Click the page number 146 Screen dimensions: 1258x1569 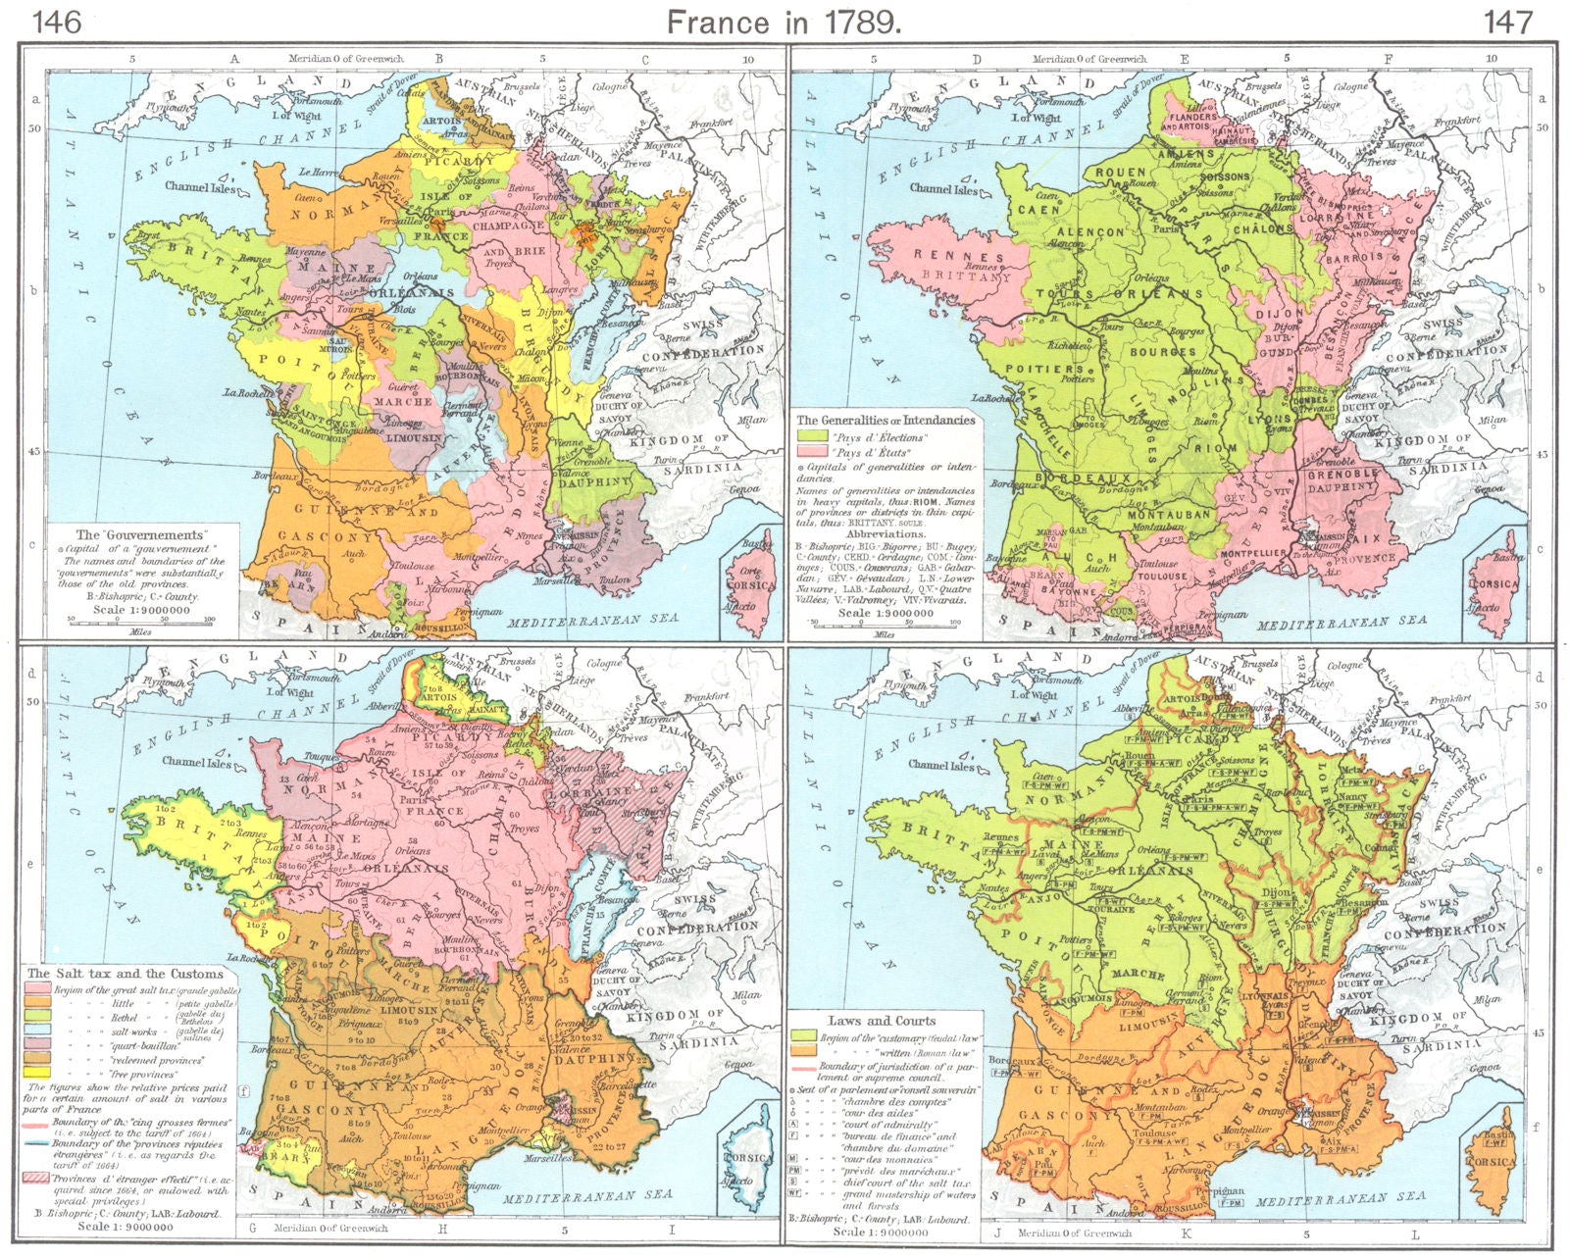pyautogui.click(x=58, y=21)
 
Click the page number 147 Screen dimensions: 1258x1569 pyautogui.click(x=1507, y=21)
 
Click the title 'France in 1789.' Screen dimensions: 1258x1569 pyautogui.click(x=784, y=21)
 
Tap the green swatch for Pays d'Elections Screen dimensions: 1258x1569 pyautogui.click(x=810, y=435)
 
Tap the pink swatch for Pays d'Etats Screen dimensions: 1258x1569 pyautogui.click(x=810, y=452)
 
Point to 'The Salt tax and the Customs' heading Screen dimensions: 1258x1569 pyautogui.click(x=126, y=974)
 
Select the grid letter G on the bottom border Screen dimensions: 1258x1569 pyautogui.click(x=253, y=1228)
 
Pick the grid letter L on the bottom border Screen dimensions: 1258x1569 pyautogui.click(x=1413, y=1233)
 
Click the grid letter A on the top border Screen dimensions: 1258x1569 pyautogui.click(x=234, y=59)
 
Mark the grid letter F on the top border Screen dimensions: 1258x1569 pyautogui.click(x=1389, y=59)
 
